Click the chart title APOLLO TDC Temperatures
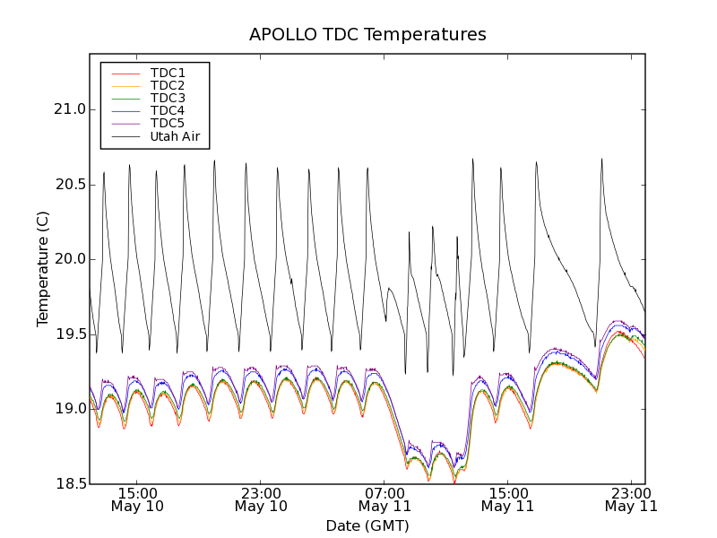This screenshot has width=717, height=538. point(367,35)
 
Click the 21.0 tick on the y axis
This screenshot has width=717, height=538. point(69,109)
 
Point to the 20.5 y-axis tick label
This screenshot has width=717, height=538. point(69,185)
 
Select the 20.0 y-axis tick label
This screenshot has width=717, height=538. point(69,259)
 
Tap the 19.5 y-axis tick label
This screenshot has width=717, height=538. point(69,334)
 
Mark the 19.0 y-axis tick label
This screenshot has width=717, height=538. point(69,409)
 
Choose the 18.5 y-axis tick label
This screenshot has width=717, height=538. point(69,484)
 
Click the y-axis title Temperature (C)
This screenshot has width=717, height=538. point(43,269)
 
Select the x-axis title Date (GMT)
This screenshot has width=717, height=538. point(367,525)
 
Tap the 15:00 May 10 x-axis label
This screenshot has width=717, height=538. point(137,499)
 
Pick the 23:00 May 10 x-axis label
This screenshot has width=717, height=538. point(261,499)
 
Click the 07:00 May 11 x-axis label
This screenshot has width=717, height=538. point(384,499)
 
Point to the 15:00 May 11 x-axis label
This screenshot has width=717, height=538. point(507,499)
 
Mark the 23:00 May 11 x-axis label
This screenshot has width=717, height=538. point(630,499)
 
